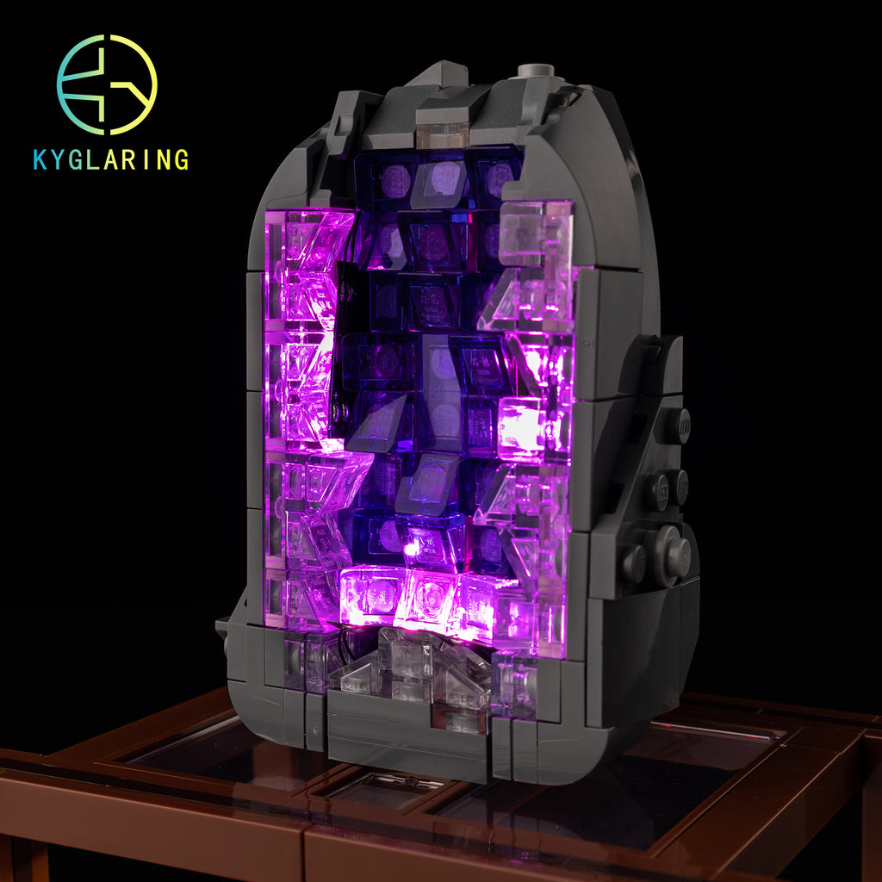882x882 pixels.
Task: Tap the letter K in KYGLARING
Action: (40, 159)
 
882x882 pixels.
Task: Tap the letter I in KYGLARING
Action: (146, 159)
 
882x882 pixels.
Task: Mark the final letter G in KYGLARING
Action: (182, 159)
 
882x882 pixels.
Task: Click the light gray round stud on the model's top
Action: (536, 71)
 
